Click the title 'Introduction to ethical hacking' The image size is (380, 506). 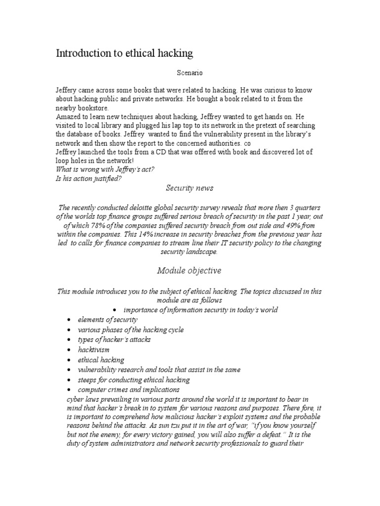[124, 53]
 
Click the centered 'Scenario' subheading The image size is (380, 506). [190, 73]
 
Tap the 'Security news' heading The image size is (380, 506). [190, 188]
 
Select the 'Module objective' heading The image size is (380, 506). [189, 270]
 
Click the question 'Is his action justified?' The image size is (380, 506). [88, 179]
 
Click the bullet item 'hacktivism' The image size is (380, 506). [94, 350]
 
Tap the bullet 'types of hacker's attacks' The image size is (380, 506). [114, 339]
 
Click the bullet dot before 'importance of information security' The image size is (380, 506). [114, 310]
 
